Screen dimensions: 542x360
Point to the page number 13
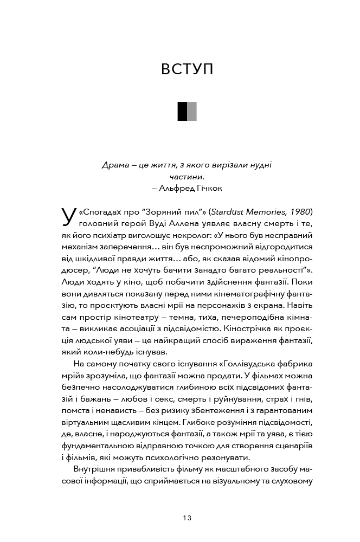pyautogui.click(x=187, y=518)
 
